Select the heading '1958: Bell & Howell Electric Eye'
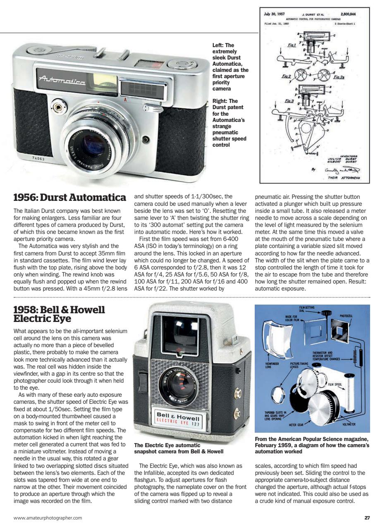[59, 314]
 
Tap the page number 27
[367, 517]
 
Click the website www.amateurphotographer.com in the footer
[48, 517]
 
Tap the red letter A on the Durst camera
[124, 100]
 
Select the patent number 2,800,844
[348, 14]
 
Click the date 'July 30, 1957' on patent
[274, 14]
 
